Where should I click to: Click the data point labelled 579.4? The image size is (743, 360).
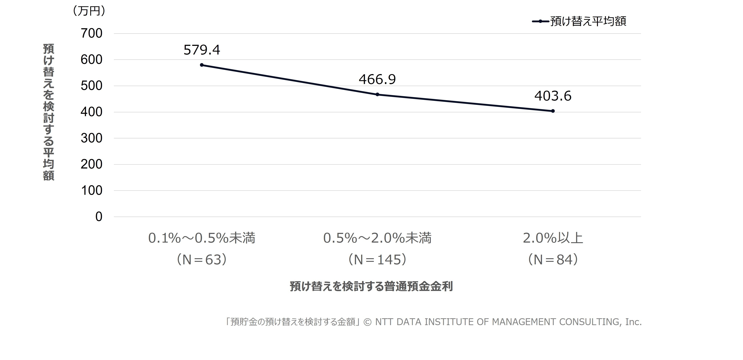pyautogui.click(x=202, y=65)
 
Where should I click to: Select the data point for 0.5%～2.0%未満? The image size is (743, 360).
pyautogui.click(x=377, y=94)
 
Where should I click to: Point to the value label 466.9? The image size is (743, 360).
pyautogui.click(x=377, y=79)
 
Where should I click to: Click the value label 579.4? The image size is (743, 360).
pyautogui.click(x=202, y=50)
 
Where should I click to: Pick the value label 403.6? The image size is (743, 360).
pyautogui.click(x=553, y=96)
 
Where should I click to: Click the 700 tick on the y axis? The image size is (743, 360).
pyautogui.click(x=91, y=33)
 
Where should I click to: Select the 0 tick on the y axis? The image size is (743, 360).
pyautogui.click(x=99, y=217)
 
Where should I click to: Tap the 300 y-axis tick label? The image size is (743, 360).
pyautogui.click(x=91, y=138)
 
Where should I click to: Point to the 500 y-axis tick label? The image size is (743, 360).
pyautogui.click(x=91, y=86)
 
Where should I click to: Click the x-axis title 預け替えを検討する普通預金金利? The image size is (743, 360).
pyautogui.click(x=371, y=286)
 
